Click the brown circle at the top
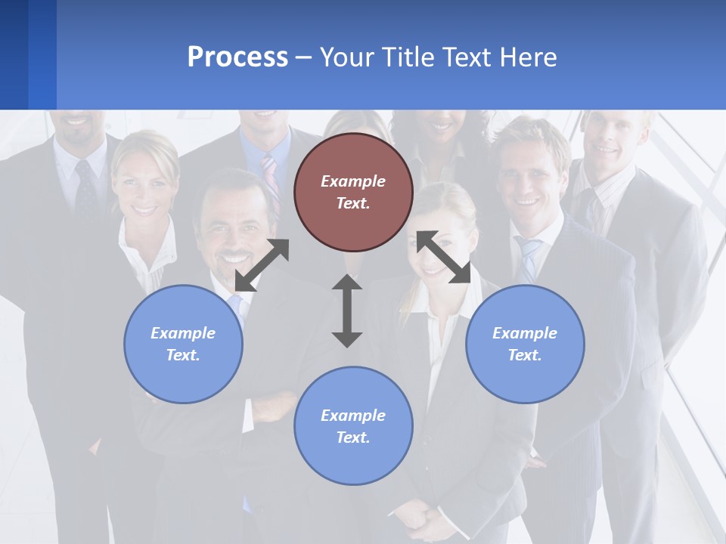(x=353, y=193)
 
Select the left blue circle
(x=183, y=344)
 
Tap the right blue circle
(x=525, y=344)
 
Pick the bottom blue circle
(x=353, y=426)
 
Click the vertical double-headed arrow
(x=347, y=311)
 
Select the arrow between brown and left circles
(x=262, y=264)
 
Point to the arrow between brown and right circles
(x=443, y=257)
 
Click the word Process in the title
(x=237, y=57)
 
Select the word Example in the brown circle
(x=353, y=181)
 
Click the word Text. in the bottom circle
(x=353, y=437)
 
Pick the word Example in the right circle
(x=525, y=333)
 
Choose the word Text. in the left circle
(x=183, y=355)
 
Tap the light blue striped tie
(x=529, y=257)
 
